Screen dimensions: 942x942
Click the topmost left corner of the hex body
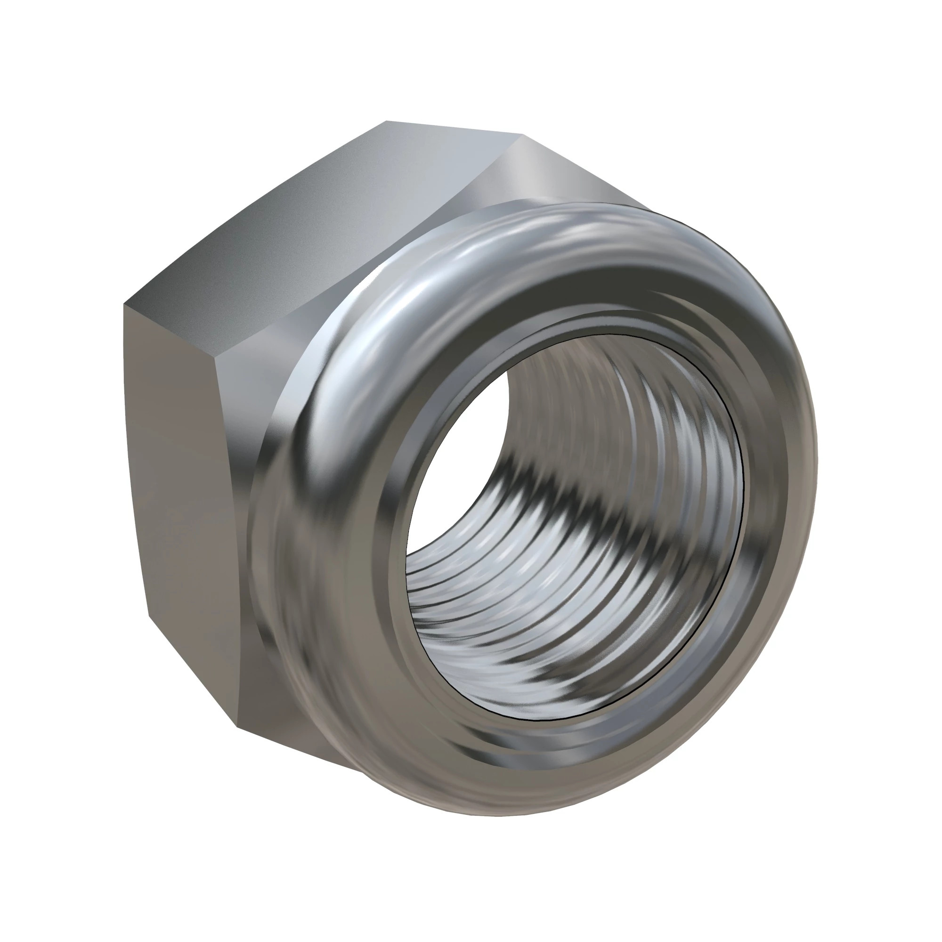[386, 121]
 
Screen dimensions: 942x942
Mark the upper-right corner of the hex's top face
[522, 134]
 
